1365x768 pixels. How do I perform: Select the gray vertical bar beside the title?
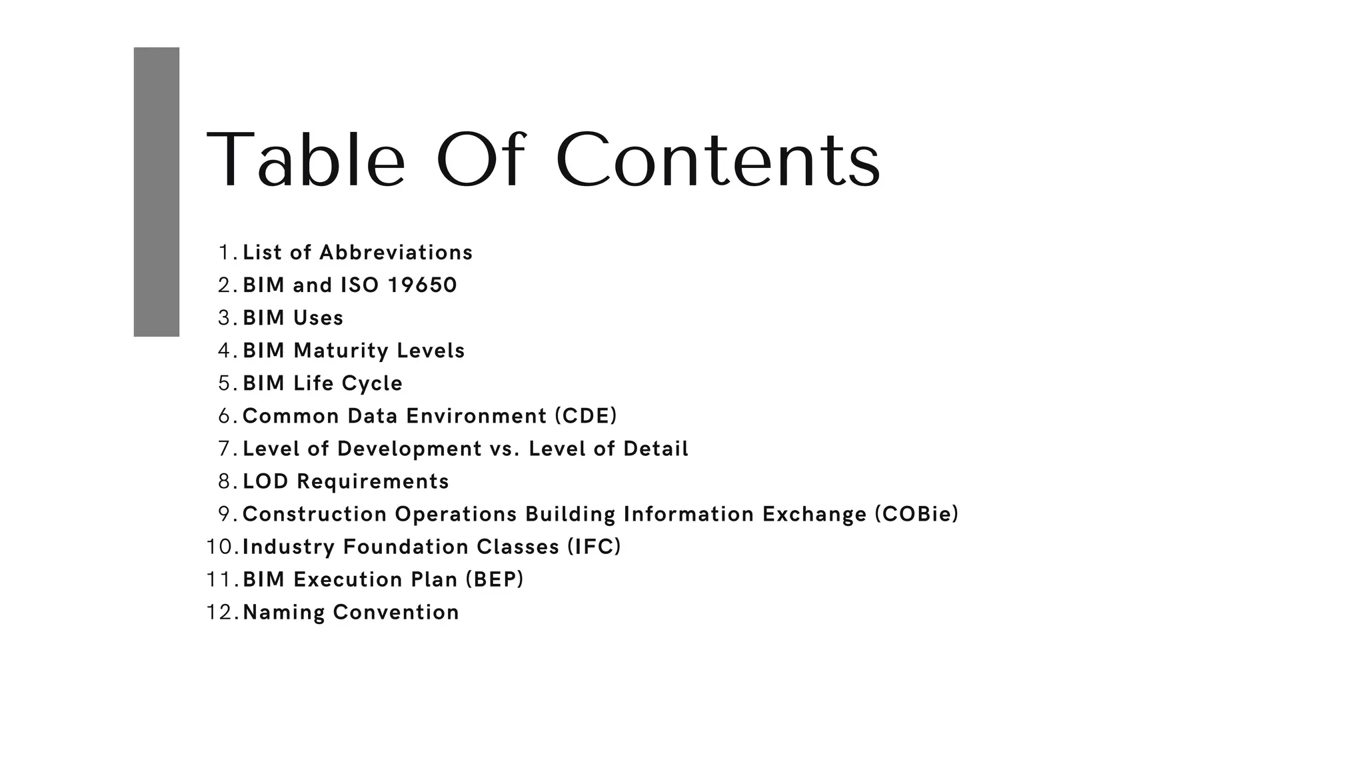tap(157, 192)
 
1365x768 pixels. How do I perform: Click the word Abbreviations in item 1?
tap(396, 253)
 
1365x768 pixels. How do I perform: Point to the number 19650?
tap(423, 285)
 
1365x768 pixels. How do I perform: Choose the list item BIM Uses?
tap(293, 318)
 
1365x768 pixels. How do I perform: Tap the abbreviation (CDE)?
tap(586, 416)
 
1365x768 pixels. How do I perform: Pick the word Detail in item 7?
tap(656, 449)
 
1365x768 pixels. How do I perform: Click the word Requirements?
tap(373, 481)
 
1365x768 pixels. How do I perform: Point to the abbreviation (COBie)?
tap(916, 514)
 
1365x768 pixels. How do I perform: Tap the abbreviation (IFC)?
tap(594, 547)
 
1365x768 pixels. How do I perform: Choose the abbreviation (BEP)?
tap(494, 579)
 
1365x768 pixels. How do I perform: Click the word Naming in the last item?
tap(283, 612)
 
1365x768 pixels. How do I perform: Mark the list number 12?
tap(220, 612)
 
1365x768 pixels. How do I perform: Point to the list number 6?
tap(225, 416)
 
